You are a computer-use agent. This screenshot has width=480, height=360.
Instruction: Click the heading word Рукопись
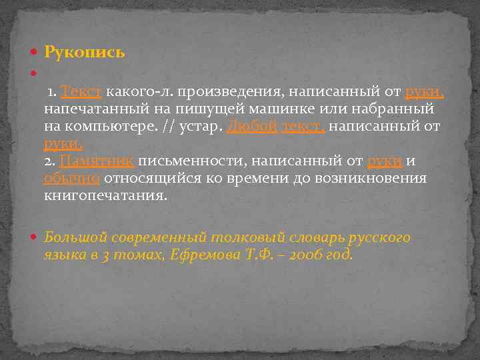pyautogui.click(x=85, y=52)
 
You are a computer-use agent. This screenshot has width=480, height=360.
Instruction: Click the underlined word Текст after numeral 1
pyautogui.click(x=81, y=91)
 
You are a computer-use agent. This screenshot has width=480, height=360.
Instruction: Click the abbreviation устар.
pyautogui.click(x=203, y=126)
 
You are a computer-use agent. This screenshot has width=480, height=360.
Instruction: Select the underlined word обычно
pyautogui.click(x=71, y=179)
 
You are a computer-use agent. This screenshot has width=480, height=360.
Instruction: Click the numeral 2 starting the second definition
pyautogui.click(x=48, y=161)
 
